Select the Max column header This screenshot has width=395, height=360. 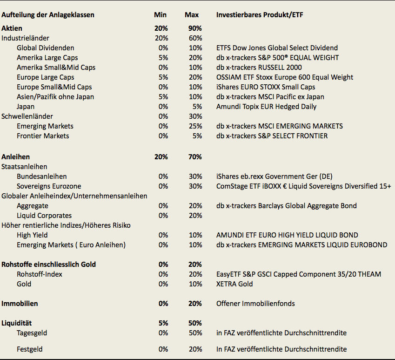pos(192,15)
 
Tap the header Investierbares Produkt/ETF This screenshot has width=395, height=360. pos(259,15)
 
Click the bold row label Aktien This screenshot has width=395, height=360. pos(12,28)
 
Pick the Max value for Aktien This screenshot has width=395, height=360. pos(195,28)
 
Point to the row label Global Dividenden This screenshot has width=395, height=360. pos(45,48)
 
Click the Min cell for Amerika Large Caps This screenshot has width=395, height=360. pos(163,58)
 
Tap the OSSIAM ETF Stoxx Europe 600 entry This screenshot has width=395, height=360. pos(284,77)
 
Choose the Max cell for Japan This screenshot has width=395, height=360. pos(197,107)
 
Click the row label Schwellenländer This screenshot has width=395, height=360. pos(27,116)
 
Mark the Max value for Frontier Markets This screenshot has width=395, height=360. pos(197,136)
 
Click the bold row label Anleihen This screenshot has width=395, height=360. pos(16,157)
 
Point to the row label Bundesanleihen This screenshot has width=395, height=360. pos(41,177)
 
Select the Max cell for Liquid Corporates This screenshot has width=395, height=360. pos(195,216)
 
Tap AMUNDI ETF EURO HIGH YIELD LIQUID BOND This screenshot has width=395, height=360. pos(287,235)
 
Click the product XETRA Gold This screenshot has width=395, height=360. pos(234,284)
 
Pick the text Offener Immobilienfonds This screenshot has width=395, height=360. pos(255,304)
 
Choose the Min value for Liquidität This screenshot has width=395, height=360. pos(163,323)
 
